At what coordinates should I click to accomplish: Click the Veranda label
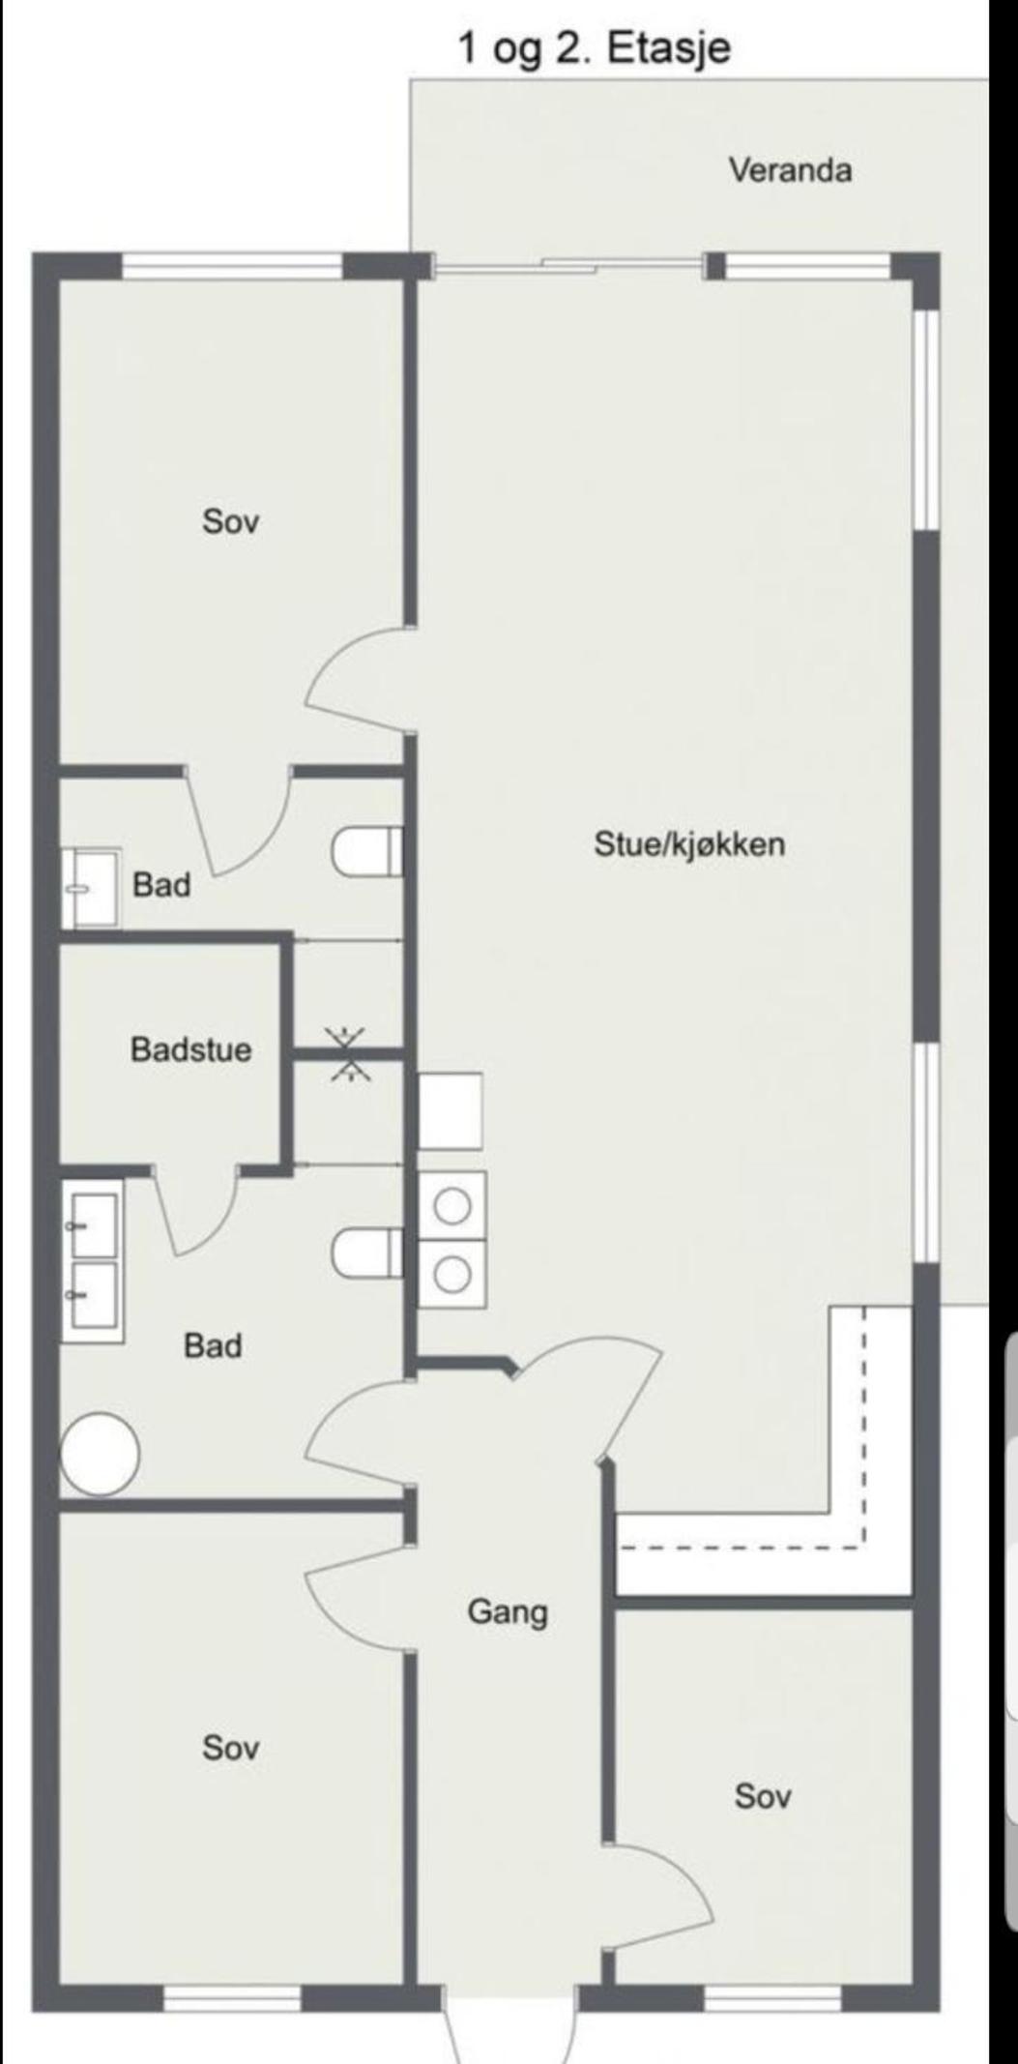pyautogui.click(x=790, y=170)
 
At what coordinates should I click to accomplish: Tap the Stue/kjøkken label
pyautogui.click(x=689, y=843)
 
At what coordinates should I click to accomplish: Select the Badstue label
pyautogui.click(x=191, y=1049)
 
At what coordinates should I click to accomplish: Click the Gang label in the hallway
pyautogui.click(x=508, y=1612)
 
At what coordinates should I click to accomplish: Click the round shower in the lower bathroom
pyautogui.click(x=100, y=1454)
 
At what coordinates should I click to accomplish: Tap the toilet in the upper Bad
pyautogui.click(x=368, y=852)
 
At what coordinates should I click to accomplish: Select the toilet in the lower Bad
pyautogui.click(x=368, y=1253)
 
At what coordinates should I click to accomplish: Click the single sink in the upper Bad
pyautogui.click(x=91, y=888)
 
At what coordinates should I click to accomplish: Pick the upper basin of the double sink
pyautogui.click(x=93, y=1225)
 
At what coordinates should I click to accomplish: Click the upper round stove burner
pyautogui.click(x=451, y=1206)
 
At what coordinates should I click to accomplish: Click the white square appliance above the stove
pyautogui.click(x=450, y=1110)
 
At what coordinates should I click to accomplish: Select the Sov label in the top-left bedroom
pyautogui.click(x=231, y=521)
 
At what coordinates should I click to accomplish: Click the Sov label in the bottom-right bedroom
pyautogui.click(x=763, y=1796)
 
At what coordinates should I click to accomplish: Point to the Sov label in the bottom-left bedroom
pyautogui.click(x=231, y=1748)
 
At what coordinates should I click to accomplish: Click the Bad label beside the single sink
pyautogui.click(x=161, y=884)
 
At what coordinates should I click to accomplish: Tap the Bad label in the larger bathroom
pyautogui.click(x=213, y=1345)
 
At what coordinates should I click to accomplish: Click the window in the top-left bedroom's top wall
pyautogui.click(x=233, y=265)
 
